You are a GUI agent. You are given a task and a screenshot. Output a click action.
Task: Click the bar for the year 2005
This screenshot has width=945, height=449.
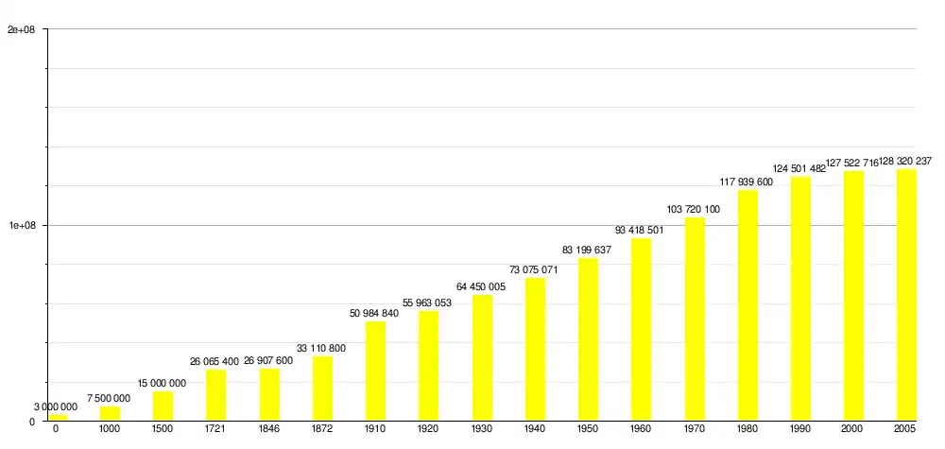906,295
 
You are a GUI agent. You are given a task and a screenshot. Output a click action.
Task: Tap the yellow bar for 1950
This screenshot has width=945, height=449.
588,339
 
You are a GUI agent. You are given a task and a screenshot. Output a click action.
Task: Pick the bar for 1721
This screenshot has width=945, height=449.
215,395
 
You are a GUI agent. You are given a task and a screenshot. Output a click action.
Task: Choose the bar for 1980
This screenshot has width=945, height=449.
747,305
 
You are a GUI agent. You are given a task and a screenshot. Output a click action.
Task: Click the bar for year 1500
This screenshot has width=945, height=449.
163,406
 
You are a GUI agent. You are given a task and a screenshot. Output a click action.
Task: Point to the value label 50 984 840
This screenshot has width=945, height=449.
374,314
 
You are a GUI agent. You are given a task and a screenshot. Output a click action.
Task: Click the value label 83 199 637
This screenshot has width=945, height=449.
587,250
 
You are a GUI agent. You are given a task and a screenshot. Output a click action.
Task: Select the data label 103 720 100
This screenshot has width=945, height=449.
694,210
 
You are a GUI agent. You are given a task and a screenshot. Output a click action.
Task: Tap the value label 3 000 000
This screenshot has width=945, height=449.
56,407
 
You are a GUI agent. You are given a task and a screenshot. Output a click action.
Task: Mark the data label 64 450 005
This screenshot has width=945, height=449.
481,287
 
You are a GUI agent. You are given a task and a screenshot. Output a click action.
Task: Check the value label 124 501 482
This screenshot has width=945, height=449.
799,169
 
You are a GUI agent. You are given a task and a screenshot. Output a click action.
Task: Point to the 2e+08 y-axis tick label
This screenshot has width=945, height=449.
21,29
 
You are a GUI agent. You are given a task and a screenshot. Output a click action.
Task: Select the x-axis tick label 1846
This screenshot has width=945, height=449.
269,429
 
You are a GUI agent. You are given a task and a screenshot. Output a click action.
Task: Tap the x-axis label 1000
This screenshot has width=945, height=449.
110,429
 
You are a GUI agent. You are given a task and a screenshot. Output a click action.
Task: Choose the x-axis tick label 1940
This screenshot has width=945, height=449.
535,429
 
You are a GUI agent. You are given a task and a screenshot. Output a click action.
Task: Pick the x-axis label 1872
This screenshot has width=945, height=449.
322,429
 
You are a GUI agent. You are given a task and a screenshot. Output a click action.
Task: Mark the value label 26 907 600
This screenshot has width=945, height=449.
268,361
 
